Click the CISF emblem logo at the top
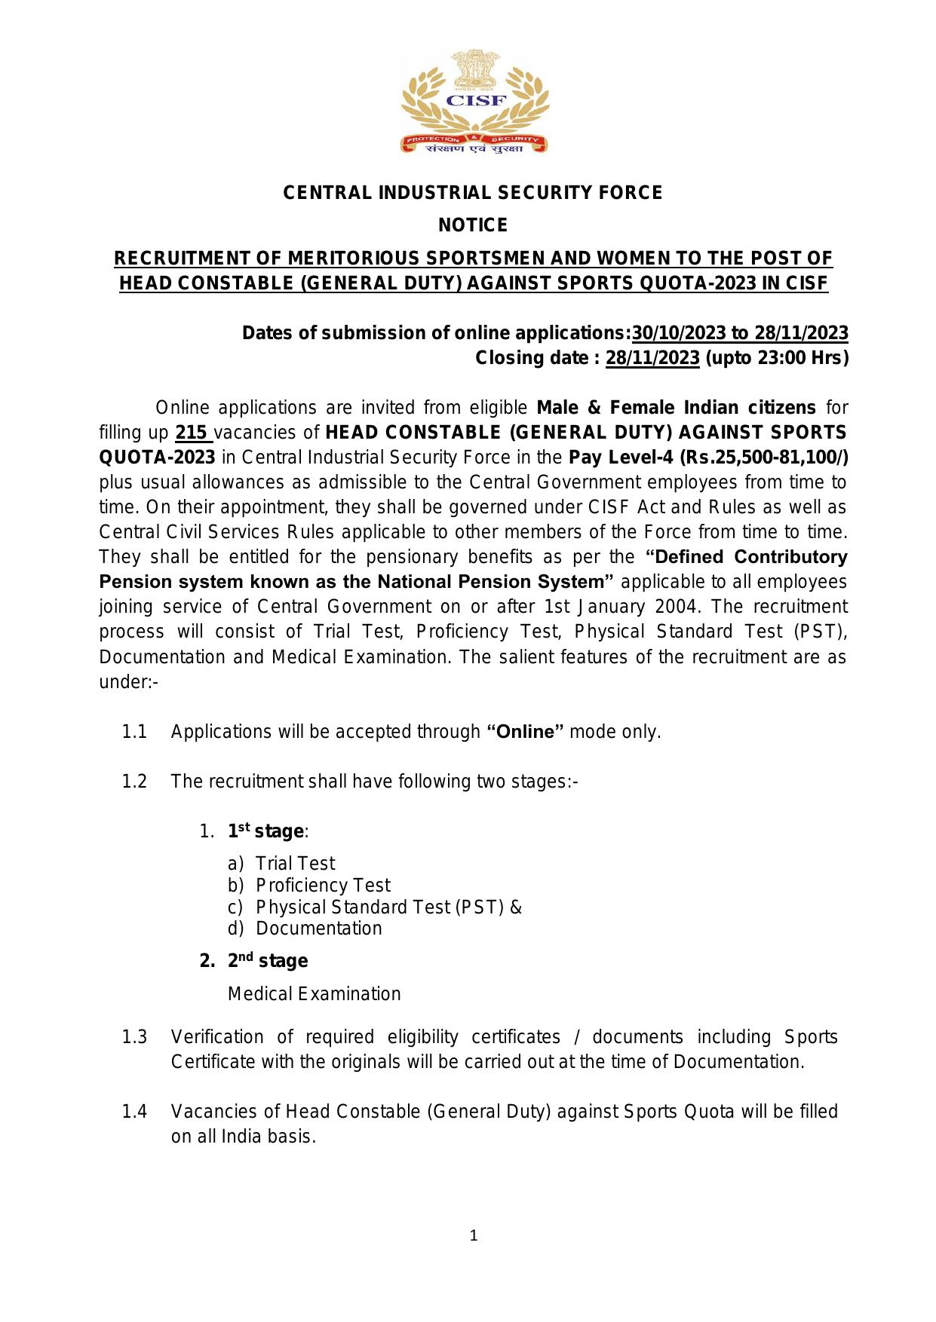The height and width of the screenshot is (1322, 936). point(473,102)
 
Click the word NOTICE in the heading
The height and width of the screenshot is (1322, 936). point(473,225)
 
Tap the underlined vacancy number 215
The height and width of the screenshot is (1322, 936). point(191,433)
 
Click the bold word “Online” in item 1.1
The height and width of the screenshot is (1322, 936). point(526,732)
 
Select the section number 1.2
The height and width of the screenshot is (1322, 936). point(134,781)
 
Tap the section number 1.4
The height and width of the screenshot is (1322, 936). point(134,1112)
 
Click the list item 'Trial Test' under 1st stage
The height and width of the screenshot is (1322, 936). point(295,864)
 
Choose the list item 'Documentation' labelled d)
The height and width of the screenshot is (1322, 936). point(318,929)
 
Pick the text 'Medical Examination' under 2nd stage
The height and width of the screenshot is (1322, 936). point(314,994)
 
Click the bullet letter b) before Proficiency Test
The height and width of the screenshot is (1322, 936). point(235,886)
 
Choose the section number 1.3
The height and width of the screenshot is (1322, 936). point(134,1037)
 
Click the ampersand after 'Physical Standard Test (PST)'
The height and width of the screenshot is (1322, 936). point(516,907)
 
